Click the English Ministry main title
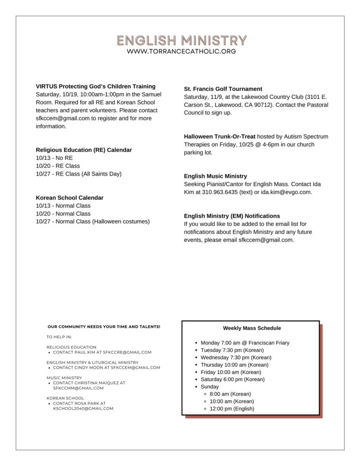tap(182, 40)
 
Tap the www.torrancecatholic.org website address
tap(182, 51)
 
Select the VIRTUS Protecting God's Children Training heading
tap(96, 86)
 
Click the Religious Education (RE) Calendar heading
tap(84, 150)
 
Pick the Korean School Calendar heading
tap(70, 198)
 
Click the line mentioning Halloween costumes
tap(93, 222)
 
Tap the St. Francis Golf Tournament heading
tap(223, 89)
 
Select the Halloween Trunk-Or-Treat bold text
tap(220, 137)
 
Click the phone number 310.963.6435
tap(211, 192)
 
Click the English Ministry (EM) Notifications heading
tap(232, 216)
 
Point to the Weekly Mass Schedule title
tap(252, 328)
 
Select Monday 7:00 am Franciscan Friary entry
tap(245, 343)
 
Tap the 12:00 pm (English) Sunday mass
tap(232, 409)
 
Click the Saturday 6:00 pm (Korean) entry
tap(232, 379)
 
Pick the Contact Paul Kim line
tap(102, 352)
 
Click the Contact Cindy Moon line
tap(106, 368)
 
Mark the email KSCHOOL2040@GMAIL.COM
tap(83, 409)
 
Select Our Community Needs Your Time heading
tap(104, 327)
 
